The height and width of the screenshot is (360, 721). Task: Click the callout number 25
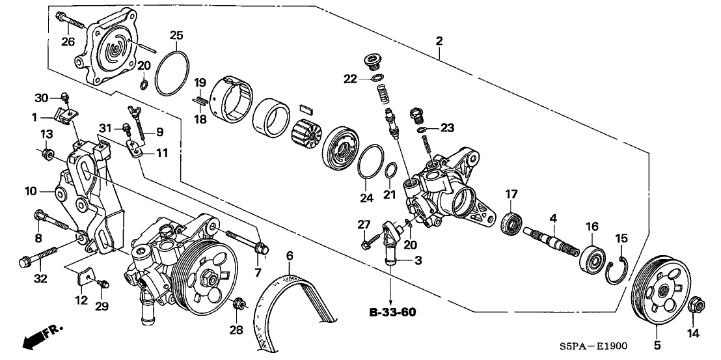coord(177,35)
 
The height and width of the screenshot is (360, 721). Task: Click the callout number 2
coord(439,41)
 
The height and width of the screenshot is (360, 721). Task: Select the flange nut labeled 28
coord(239,303)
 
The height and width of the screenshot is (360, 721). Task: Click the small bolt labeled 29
coord(102,284)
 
